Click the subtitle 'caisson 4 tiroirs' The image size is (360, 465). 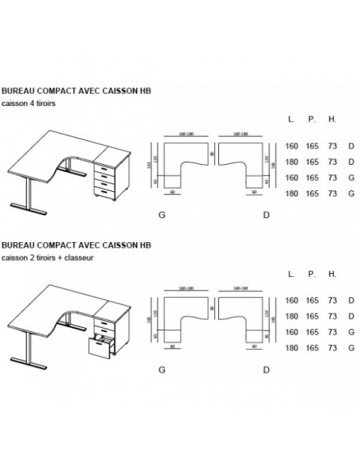pos(30,103)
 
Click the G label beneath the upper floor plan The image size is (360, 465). pos(162,216)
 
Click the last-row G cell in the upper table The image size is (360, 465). pos(351,193)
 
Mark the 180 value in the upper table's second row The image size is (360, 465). pos(292,162)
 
